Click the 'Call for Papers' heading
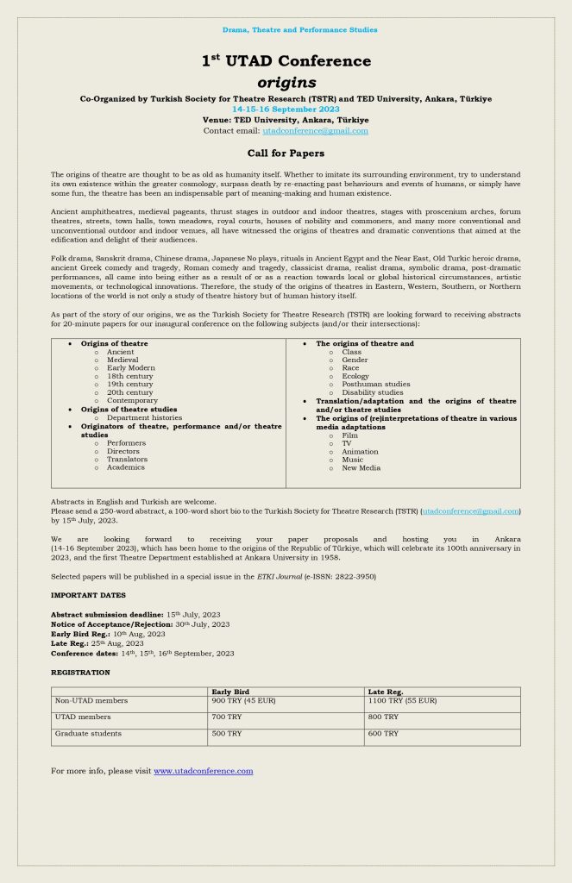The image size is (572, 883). (286, 153)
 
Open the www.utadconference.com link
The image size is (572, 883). (203, 771)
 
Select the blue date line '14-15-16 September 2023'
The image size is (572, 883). (286, 110)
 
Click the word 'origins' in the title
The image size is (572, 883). (286, 83)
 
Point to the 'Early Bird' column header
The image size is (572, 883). (230, 692)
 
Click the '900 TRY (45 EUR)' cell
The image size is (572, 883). (242, 700)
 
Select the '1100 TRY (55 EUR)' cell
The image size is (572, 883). (402, 700)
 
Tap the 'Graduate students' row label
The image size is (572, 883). (88, 733)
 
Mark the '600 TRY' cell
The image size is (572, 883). (383, 733)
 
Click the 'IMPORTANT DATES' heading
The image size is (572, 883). (88, 595)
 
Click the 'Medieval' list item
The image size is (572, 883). (123, 360)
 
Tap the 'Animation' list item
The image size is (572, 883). (360, 451)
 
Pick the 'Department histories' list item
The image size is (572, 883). (144, 417)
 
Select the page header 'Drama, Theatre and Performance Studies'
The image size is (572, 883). (299, 30)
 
